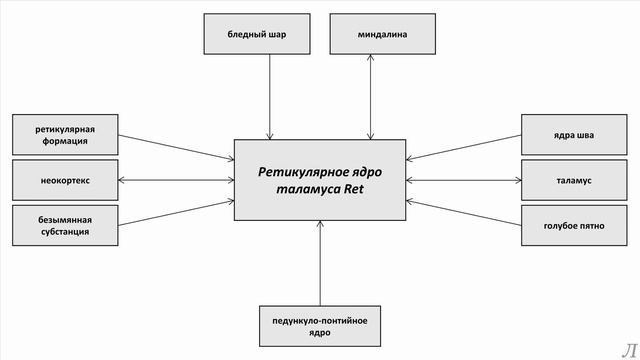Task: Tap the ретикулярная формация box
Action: click(64, 135)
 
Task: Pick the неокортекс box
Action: click(64, 180)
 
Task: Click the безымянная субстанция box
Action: click(64, 225)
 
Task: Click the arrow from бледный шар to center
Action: click(270, 95)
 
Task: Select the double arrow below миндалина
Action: click(372, 95)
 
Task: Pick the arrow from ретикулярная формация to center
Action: click(175, 147)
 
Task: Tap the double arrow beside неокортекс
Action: click(175, 180)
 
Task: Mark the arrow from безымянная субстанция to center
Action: click(175, 213)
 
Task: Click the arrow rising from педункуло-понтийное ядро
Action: click(320, 262)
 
